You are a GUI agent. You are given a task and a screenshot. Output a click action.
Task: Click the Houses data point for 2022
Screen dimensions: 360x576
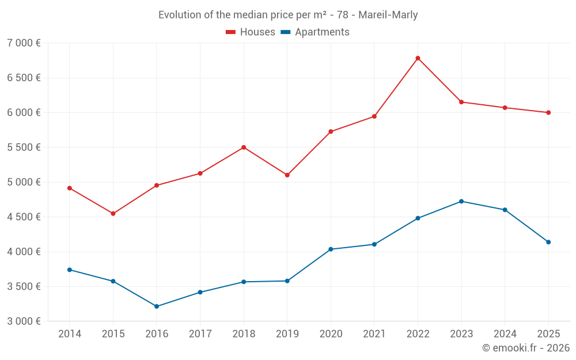coord(418,58)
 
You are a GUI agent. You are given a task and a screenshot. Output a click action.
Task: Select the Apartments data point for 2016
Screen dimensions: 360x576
coord(157,306)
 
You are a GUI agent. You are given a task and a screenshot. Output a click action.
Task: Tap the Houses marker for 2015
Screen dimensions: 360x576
coord(113,214)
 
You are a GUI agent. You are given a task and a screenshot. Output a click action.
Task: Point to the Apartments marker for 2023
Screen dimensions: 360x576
coord(461,201)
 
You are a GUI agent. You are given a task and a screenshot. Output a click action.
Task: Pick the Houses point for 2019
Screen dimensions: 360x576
coord(287,175)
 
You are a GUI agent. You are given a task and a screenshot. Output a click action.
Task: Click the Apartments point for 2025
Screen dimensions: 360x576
coord(548,242)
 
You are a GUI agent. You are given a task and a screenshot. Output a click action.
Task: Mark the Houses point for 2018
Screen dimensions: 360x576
coord(244,147)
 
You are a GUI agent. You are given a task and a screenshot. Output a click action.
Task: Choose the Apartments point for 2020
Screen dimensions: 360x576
coord(331,249)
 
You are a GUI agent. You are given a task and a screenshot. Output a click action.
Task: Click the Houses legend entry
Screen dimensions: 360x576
coord(251,32)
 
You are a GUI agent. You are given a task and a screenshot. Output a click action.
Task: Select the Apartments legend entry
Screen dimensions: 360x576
coord(315,32)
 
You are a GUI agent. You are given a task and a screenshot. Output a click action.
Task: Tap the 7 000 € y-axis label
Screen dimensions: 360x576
coord(24,43)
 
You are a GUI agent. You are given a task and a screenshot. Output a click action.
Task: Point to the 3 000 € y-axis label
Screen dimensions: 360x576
coord(24,321)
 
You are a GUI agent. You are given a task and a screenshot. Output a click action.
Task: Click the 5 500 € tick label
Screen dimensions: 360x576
coord(24,147)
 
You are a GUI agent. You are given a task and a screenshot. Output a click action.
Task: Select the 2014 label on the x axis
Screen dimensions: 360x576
coord(70,334)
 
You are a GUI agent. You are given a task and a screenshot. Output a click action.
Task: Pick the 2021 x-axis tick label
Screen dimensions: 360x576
coord(374,334)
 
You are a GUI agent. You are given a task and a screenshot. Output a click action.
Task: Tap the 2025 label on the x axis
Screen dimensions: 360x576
coord(548,334)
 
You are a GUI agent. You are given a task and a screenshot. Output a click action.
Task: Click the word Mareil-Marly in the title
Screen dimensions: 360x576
coord(389,15)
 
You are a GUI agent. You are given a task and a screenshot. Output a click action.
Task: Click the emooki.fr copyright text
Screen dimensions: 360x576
coord(525,348)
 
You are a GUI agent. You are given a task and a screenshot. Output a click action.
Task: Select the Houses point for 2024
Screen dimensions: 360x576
coord(505,108)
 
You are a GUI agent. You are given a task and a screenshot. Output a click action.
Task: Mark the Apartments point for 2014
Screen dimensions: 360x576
coord(70,270)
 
